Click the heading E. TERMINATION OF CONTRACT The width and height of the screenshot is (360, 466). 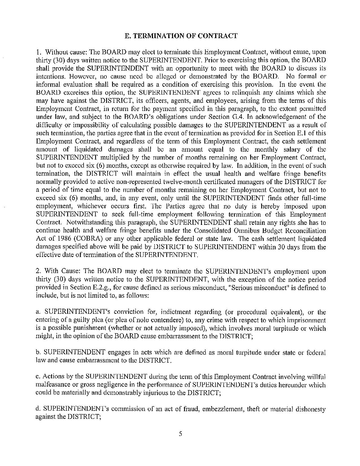coord(181,36)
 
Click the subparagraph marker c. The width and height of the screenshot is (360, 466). coord(38,377)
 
